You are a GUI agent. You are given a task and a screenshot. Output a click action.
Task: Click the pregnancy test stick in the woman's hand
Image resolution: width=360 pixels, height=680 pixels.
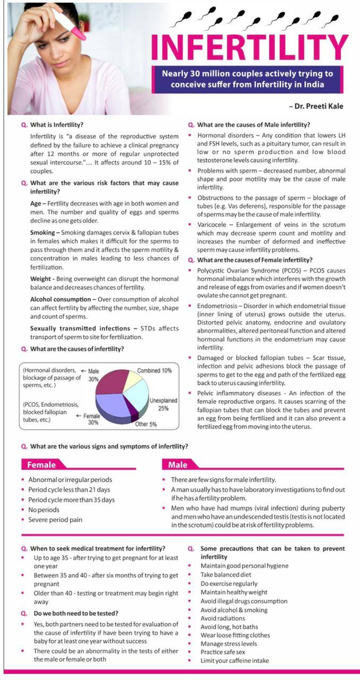pyautogui.click(x=71, y=24)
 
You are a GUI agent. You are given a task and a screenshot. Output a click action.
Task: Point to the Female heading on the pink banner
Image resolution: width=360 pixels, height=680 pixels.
pyautogui.click(x=41, y=465)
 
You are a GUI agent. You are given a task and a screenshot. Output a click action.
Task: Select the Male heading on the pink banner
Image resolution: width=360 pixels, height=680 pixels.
pyautogui.click(x=177, y=465)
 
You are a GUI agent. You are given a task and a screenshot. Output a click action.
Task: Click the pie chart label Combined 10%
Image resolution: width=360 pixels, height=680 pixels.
pyautogui.click(x=155, y=370)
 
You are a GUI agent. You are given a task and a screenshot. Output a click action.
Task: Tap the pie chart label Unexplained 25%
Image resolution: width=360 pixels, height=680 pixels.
pyautogui.click(x=163, y=404)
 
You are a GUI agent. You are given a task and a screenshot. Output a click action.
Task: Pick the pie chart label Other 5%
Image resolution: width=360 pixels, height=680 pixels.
pyautogui.click(x=145, y=424)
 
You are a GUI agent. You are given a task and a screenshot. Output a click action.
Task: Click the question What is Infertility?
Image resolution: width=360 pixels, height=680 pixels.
pyautogui.click(x=57, y=125)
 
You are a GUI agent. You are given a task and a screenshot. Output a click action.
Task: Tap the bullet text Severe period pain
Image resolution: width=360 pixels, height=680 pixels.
pyautogui.click(x=55, y=520)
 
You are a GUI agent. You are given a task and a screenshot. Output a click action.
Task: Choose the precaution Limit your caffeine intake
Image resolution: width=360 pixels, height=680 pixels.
pyautogui.click(x=234, y=660)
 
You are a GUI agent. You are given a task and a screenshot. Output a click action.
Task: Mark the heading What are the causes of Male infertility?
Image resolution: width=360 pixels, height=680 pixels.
pyautogui.click(x=253, y=125)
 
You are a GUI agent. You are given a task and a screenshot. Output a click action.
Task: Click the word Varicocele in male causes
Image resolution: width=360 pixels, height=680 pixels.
pyautogui.click(x=213, y=225)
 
